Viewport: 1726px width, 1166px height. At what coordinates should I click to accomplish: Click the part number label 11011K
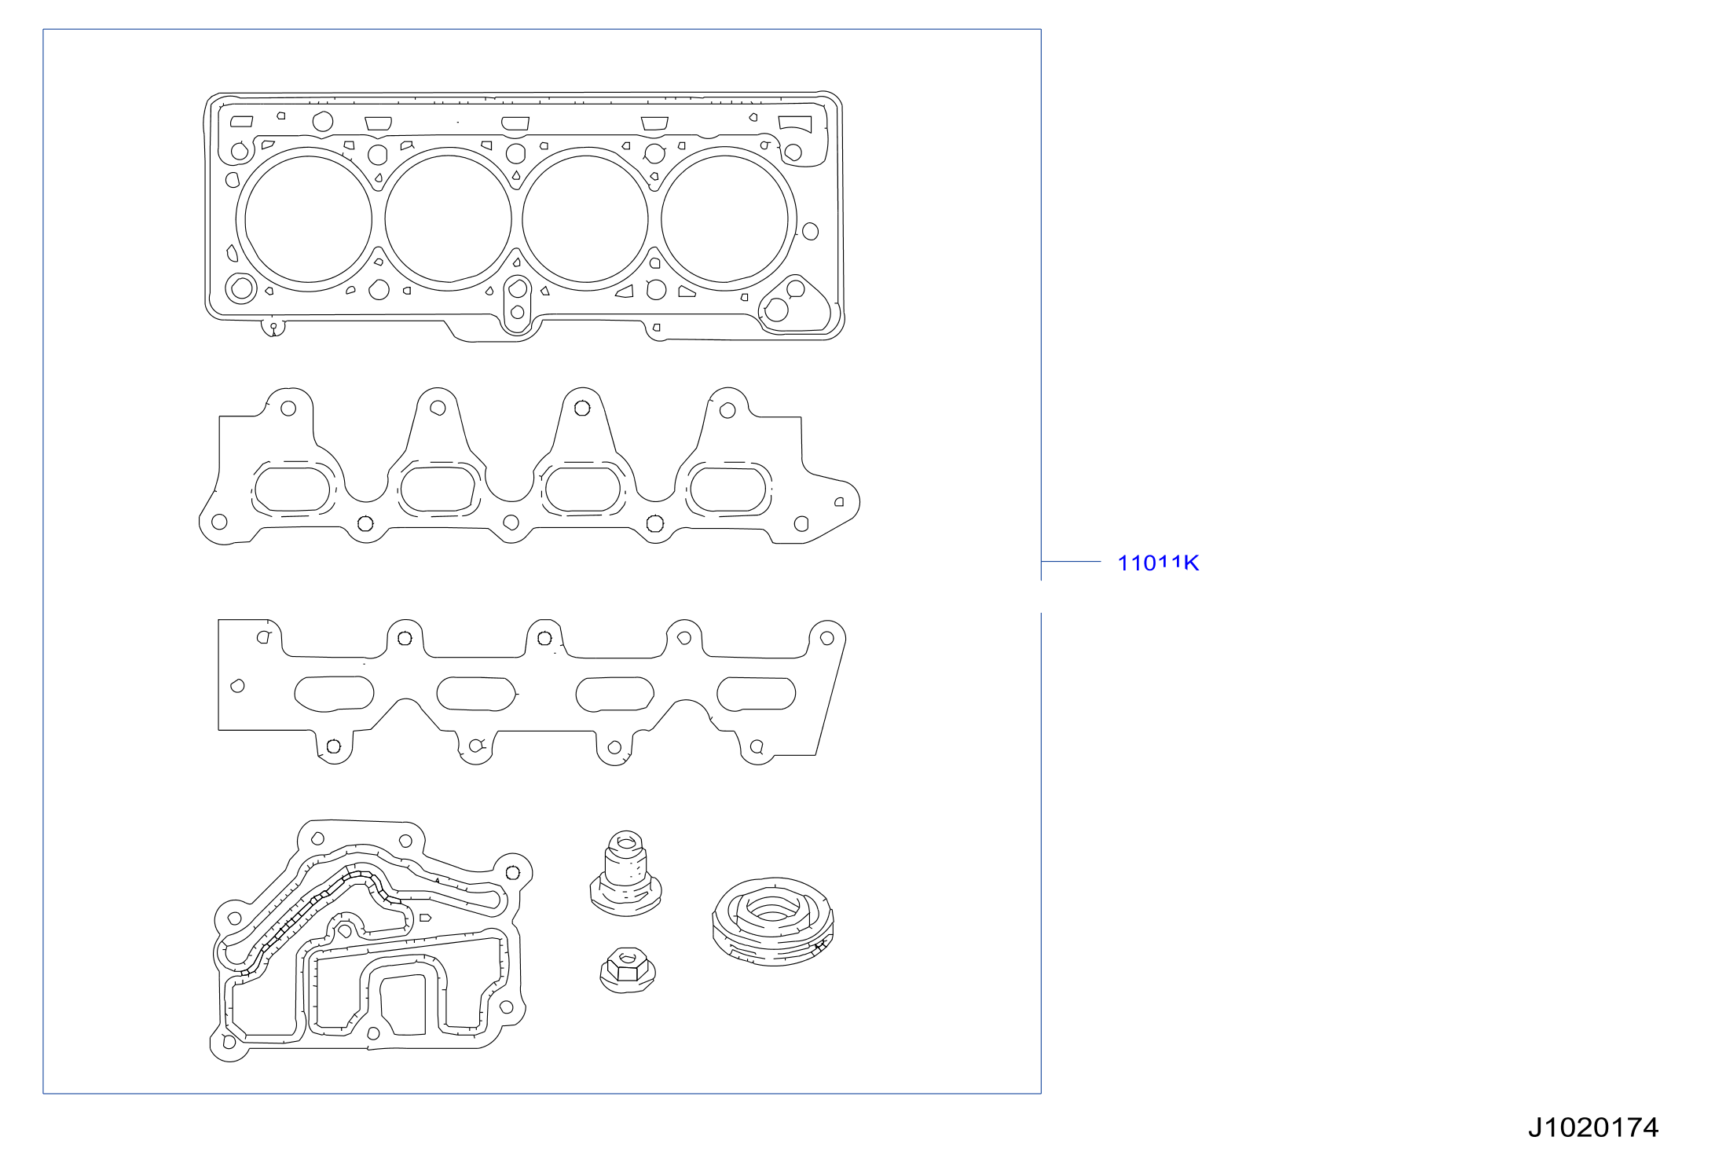(x=1158, y=563)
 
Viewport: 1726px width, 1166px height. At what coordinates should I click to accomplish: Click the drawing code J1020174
(x=1592, y=1127)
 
